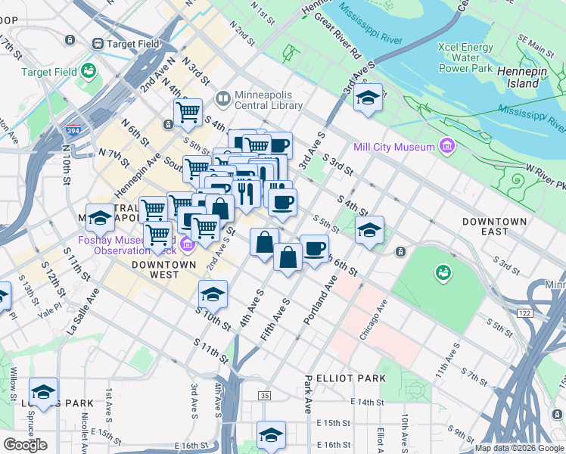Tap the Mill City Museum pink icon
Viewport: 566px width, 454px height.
tap(447, 145)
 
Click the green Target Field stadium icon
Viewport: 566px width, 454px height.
tap(89, 71)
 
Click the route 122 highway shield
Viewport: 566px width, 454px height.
tap(525, 313)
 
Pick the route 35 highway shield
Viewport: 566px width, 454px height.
tap(264, 395)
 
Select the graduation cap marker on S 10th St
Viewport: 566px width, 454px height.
tap(213, 294)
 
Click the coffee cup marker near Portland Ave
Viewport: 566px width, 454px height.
tap(314, 248)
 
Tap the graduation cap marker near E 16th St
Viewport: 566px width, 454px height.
tap(271, 435)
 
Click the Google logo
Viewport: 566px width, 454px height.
tap(25, 445)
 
